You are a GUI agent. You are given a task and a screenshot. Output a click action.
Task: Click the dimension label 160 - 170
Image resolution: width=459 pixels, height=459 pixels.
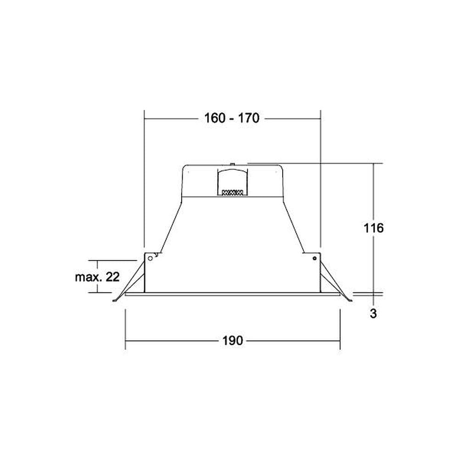coord(231,118)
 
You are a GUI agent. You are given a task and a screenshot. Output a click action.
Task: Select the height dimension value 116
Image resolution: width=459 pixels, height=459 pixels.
coord(373,228)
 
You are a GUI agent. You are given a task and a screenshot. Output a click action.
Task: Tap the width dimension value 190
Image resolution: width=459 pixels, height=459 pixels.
coord(232,341)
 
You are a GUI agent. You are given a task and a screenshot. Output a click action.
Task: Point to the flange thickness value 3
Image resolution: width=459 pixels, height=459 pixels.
coord(373,313)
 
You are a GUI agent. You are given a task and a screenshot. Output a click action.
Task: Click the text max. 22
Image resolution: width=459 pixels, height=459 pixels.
coord(97,277)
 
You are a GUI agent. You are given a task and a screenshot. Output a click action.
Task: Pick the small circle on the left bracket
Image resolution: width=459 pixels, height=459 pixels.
coord(150,258)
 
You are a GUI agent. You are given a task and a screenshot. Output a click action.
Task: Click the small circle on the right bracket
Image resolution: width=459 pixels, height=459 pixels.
coord(314,258)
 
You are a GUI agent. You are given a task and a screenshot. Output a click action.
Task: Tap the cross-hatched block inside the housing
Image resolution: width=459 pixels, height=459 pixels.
coord(233,193)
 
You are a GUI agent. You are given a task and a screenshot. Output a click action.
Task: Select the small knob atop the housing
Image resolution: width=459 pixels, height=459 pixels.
coord(232,164)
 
